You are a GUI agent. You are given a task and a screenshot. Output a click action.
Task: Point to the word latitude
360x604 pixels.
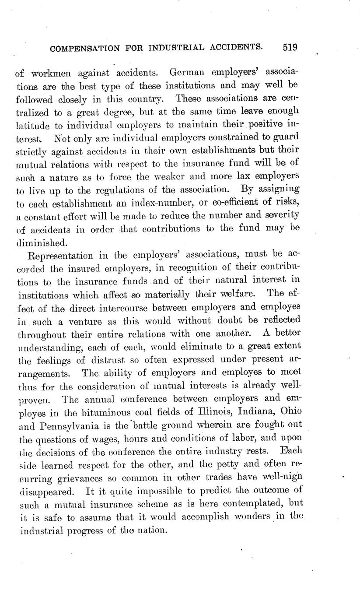[x=33, y=125]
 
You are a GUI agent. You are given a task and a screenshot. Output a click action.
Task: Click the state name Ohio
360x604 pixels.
[x=290, y=411]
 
